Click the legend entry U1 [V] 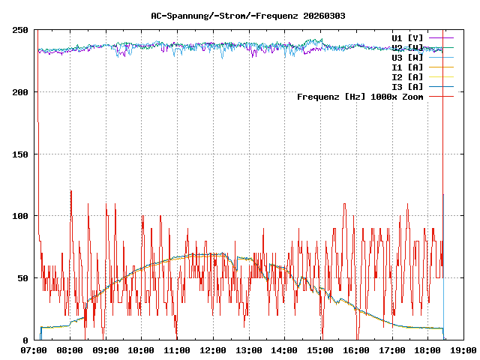(407, 37)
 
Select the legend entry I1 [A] (407, 67)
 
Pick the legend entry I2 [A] (407, 76)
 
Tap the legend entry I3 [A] (407, 86)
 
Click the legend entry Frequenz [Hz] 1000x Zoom (360, 96)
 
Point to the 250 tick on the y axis (21, 30)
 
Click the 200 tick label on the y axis (21, 92)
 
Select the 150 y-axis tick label (21, 154)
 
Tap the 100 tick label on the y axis (21, 216)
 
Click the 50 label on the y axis (23, 278)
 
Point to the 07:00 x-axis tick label (34, 350)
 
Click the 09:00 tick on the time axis (106, 350)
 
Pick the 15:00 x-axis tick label (320, 350)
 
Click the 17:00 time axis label (391, 350)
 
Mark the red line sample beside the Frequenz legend (442, 96)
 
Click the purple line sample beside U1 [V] (442, 37)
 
